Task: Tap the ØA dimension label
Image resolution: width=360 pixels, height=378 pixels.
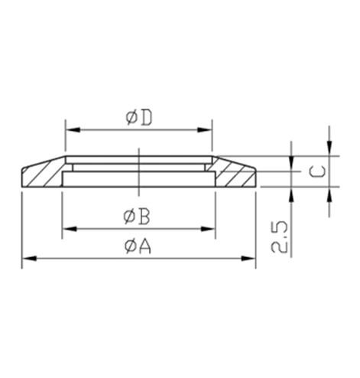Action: coord(138,248)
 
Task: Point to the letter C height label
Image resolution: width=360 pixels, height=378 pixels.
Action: coord(319,169)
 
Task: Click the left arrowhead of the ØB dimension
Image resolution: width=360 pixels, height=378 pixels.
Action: coord(66,229)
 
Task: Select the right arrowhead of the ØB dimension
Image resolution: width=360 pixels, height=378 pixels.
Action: coord(209,229)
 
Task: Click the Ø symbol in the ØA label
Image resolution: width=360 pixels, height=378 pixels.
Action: coord(129,248)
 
